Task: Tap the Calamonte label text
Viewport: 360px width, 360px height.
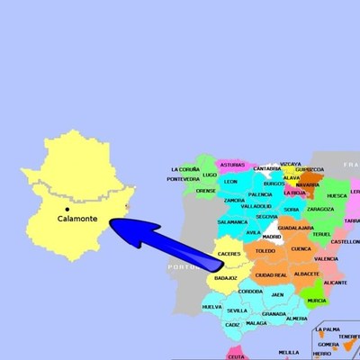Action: coord(78,219)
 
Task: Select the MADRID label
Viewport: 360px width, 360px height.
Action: coord(272,237)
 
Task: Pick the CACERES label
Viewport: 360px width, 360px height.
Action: coord(230,254)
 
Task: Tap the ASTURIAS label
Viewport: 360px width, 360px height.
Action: coord(233,165)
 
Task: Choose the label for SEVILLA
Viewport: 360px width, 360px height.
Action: coord(238,310)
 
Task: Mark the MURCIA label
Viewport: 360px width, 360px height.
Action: coord(317,301)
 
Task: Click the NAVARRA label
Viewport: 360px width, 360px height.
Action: coord(308,184)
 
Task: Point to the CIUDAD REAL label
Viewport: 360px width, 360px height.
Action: coord(271,274)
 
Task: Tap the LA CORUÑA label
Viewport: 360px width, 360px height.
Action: coord(183,169)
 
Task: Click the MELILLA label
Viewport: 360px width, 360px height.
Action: coord(289,352)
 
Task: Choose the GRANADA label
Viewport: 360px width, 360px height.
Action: coord(274,313)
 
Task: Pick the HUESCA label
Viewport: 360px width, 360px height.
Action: coord(337,195)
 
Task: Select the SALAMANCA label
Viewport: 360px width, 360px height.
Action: coord(232,221)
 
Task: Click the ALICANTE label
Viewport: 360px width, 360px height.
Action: coord(335,282)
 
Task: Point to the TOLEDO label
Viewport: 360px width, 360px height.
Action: coord(265,251)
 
